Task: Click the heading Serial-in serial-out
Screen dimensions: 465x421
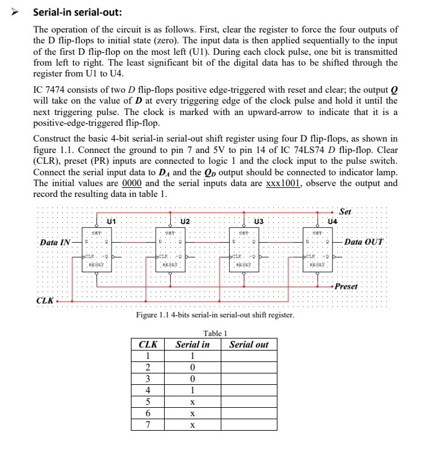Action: (77, 12)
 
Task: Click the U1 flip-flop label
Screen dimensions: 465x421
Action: (110, 222)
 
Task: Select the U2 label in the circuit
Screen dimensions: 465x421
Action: (186, 222)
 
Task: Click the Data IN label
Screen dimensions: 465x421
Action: (55, 242)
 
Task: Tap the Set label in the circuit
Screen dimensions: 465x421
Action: (345, 211)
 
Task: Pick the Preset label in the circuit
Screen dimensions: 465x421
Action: (346, 286)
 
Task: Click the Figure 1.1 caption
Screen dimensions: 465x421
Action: (215, 315)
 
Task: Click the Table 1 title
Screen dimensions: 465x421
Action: (215, 332)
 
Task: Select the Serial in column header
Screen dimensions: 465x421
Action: (192, 345)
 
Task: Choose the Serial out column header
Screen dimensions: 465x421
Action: (248, 345)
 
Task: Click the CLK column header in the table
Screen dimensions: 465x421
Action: (148, 345)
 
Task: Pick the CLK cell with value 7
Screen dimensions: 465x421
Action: (148, 425)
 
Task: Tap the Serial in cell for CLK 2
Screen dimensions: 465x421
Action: (192, 367)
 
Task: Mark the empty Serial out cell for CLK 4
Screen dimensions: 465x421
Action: (248, 390)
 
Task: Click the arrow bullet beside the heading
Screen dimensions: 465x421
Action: (17, 12)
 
